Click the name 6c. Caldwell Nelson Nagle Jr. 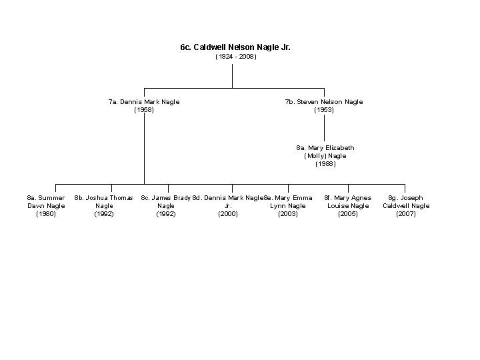(x=235, y=48)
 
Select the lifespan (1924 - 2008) (x=235, y=57)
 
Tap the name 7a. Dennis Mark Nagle (x=144, y=102)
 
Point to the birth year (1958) (x=144, y=110)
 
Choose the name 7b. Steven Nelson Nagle (x=324, y=102)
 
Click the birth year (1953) (x=324, y=110)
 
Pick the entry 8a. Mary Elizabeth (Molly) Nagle (x=325, y=151)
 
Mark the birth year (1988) (x=325, y=163)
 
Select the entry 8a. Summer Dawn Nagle (x=46, y=202)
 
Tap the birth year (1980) (x=46, y=214)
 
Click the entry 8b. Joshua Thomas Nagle (x=104, y=202)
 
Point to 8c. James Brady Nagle (x=166, y=202)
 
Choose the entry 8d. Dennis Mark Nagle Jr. (x=228, y=202)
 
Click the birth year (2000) (x=228, y=214)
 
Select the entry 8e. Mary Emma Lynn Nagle (x=288, y=202)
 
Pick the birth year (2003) (x=288, y=214)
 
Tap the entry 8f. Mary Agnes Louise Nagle (x=348, y=202)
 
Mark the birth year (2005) (x=348, y=214)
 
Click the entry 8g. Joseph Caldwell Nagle (x=406, y=202)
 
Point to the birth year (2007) (x=406, y=214)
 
